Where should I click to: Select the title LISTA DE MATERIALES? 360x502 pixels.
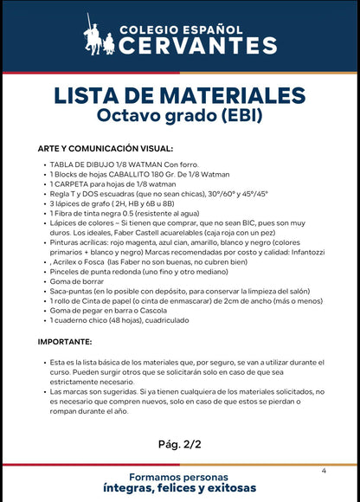coord(179,93)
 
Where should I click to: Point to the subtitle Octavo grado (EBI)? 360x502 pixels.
coord(179,114)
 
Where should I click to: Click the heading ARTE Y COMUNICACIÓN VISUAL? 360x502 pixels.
coord(106,148)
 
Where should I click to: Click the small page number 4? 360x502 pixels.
coord(323,471)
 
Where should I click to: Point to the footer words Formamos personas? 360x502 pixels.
coord(179,477)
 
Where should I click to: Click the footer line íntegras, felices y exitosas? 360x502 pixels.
coord(179,490)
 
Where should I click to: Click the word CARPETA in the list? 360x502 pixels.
coord(73,184)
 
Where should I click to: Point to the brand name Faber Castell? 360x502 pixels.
coord(139,234)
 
